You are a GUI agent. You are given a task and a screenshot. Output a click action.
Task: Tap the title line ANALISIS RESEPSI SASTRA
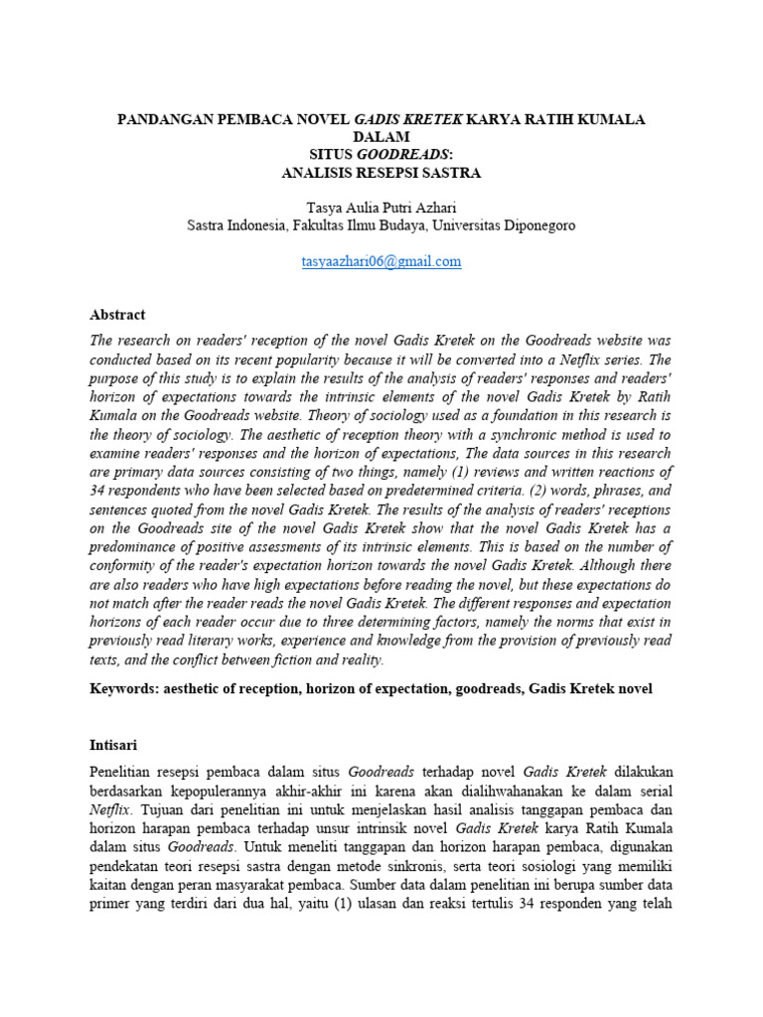[x=381, y=173]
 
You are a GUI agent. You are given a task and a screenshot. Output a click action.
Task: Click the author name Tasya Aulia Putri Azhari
[x=381, y=208]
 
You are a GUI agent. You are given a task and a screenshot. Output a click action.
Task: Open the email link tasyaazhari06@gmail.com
[x=381, y=261]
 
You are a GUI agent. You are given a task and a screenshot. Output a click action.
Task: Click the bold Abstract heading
[x=117, y=314]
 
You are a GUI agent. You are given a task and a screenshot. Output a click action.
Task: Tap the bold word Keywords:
[x=124, y=689]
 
